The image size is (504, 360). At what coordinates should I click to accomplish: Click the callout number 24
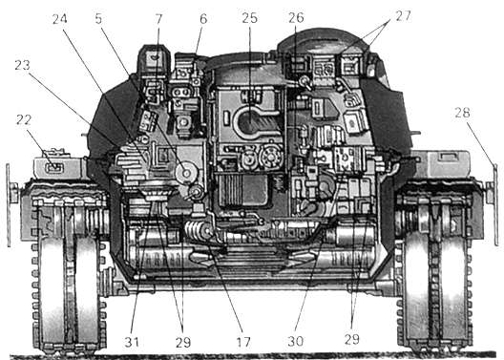[x=60, y=19]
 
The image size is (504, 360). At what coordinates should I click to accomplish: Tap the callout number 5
[x=98, y=19]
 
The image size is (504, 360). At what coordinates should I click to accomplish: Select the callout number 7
[x=158, y=19]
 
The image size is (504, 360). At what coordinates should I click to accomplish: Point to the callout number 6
[x=203, y=19]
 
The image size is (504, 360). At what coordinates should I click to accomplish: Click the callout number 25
[x=250, y=18]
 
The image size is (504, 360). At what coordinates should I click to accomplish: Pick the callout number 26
[x=296, y=18]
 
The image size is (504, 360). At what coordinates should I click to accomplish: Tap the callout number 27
[x=403, y=15]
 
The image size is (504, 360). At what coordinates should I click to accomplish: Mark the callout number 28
[x=462, y=113]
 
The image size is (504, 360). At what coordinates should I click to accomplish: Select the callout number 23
[x=22, y=65]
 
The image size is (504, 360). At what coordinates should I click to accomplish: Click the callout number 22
[x=24, y=120]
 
